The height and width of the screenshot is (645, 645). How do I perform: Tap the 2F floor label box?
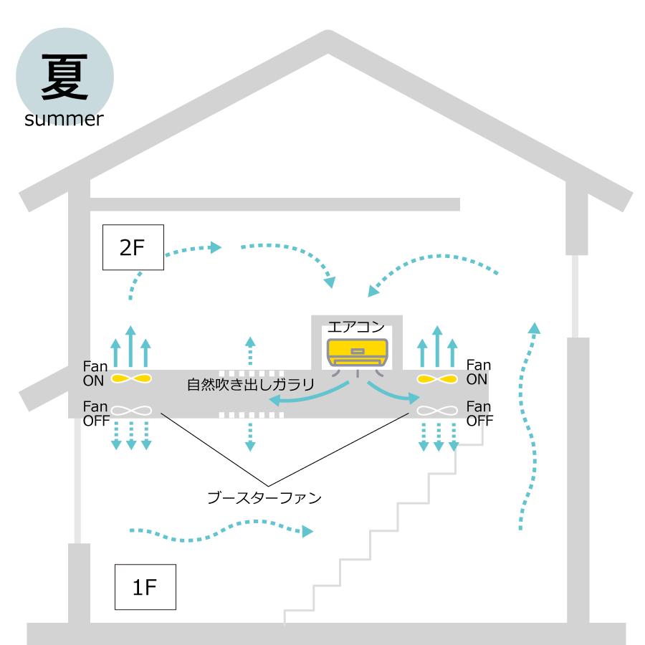coord(133,248)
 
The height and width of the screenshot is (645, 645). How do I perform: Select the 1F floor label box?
coord(145,588)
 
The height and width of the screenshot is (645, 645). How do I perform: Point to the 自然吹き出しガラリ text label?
coord(251,385)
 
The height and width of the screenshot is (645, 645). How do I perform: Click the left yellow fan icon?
coord(131,378)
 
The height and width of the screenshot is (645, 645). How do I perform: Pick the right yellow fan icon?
coord(437,378)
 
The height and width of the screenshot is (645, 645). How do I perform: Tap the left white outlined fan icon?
coord(131,411)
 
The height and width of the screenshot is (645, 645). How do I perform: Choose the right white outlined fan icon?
coord(437,411)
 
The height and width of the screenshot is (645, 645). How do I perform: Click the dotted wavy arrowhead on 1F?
coord(307,531)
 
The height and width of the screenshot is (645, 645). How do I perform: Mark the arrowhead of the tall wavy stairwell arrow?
coord(534,328)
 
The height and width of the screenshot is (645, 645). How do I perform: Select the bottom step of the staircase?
coord(299,611)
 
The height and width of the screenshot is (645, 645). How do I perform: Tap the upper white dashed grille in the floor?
coord(252,373)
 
